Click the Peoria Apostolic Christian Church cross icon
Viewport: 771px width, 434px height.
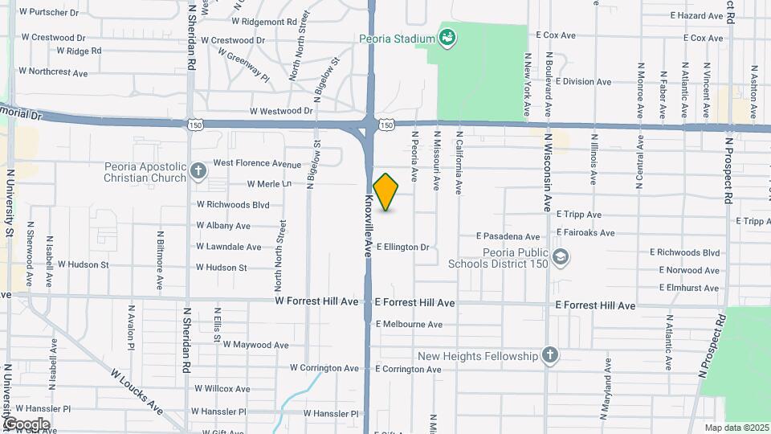pyautogui.click(x=198, y=171)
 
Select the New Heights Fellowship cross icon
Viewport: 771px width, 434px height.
pyautogui.click(x=550, y=355)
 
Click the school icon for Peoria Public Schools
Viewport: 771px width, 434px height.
pyautogui.click(x=561, y=257)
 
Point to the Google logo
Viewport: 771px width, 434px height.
pyautogui.click(x=27, y=424)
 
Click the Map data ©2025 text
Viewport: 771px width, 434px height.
pyautogui.click(x=736, y=428)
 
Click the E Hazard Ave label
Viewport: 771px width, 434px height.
pyautogui.click(x=697, y=15)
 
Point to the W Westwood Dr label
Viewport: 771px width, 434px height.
pyautogui.click(x=281, y=111)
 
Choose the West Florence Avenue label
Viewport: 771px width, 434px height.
pyautogui.click(x=257, y=163)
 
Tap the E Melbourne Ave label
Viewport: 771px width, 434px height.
pyautogui.click(x=409, y=325)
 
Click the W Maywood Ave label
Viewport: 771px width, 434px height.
pyautogui.click(x=255, y=345)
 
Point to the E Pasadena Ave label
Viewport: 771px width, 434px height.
pyautogui.click(x=508, y=236)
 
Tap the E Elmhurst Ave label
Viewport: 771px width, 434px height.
pyautogui.click(x=688, y=288)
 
